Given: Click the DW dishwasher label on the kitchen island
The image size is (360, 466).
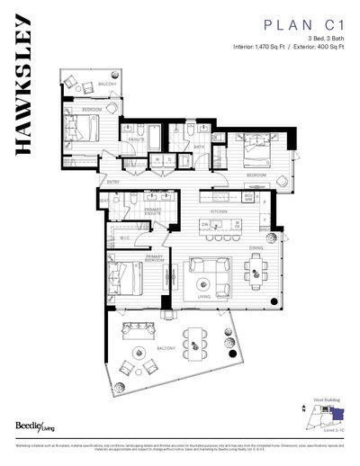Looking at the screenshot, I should (205, 225).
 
